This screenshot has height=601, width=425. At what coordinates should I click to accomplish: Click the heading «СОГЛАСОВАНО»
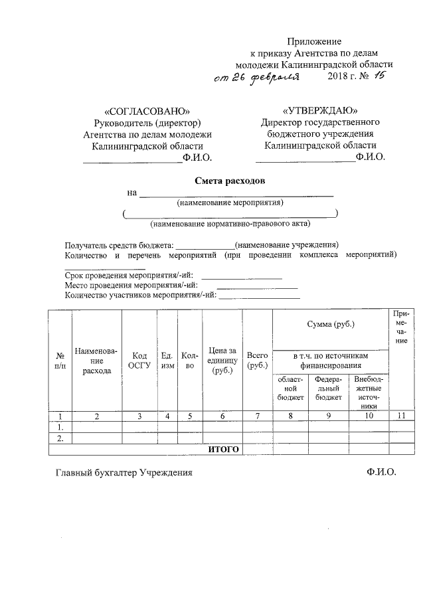(x=147, y=111)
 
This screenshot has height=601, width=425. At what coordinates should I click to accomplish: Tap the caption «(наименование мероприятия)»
(x=230, y=202)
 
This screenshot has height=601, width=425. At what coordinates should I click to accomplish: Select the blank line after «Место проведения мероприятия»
(x=257, y=286)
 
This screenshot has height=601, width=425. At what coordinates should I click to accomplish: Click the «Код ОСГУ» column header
(x=139, y=361)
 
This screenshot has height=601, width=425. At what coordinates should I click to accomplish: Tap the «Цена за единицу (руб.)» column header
(x=222, y=361)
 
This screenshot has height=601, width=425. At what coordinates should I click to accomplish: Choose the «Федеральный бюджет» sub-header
(x=329, y=388)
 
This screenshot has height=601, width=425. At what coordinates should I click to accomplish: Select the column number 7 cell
(x=257, y=416)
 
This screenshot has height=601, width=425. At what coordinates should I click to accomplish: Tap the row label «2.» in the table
(x=60, y=438)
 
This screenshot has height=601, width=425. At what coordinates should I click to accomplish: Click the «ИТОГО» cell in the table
(x=223, y=450)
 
